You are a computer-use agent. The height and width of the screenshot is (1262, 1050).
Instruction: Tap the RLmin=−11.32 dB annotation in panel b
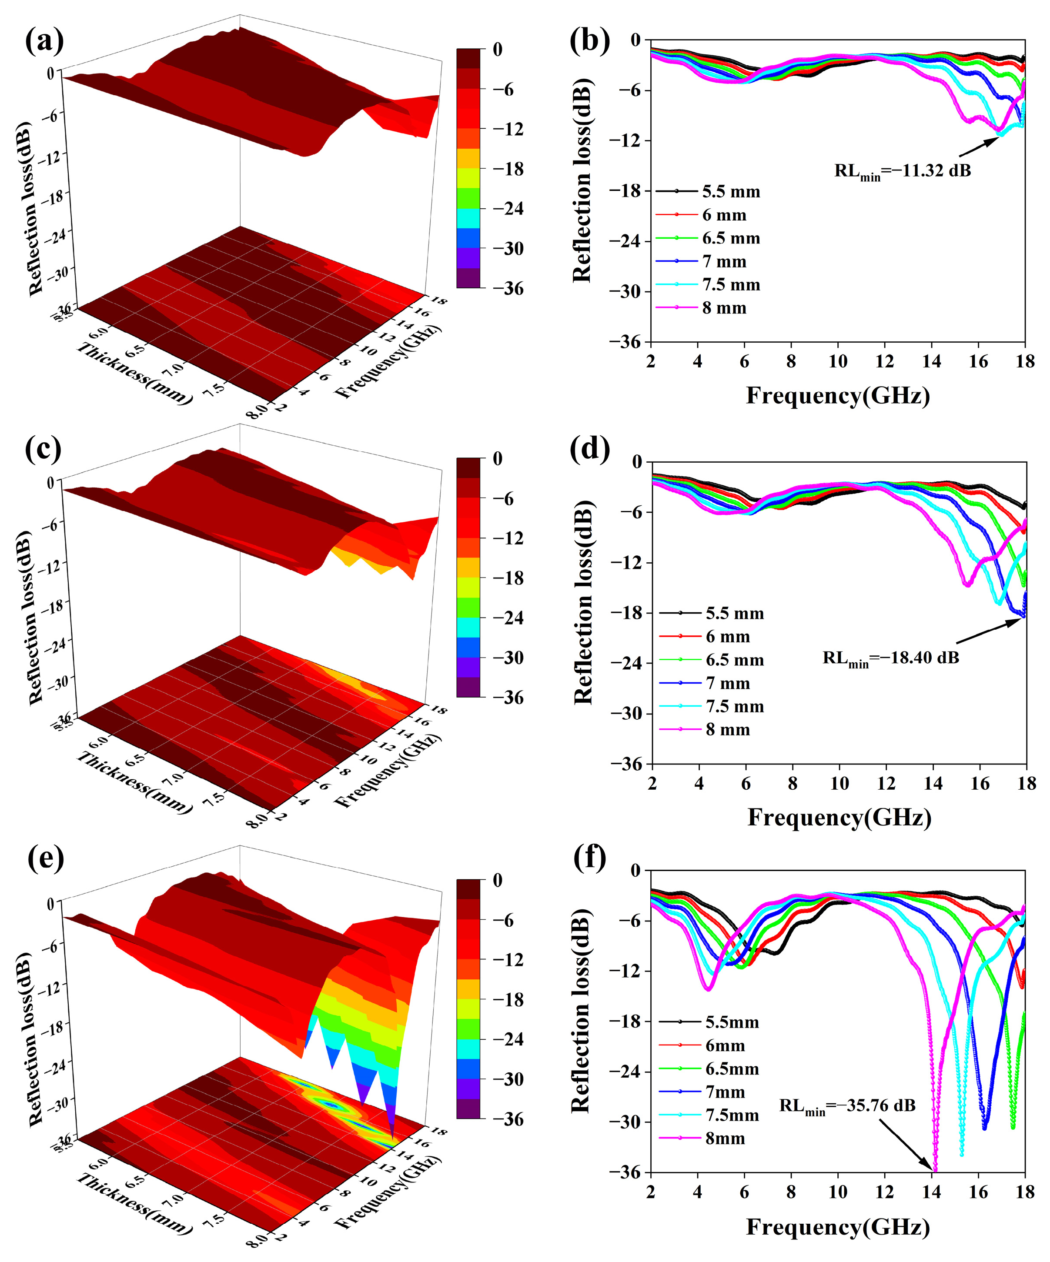(x=902, y=171)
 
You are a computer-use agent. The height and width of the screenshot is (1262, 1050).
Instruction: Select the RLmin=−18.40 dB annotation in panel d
(x=891, y=658)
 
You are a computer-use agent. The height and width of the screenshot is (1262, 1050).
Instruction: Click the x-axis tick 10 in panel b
(x=838, y=361)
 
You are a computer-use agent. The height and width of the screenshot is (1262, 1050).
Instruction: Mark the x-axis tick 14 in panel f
(x=932, y=1192)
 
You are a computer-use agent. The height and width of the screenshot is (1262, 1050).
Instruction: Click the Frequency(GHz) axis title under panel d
(x=839, y=817)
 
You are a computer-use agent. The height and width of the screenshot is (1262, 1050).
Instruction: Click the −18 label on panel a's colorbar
(x=508, y=169)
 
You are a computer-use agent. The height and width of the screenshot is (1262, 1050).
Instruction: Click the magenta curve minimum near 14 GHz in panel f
(x=935, y=1168)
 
